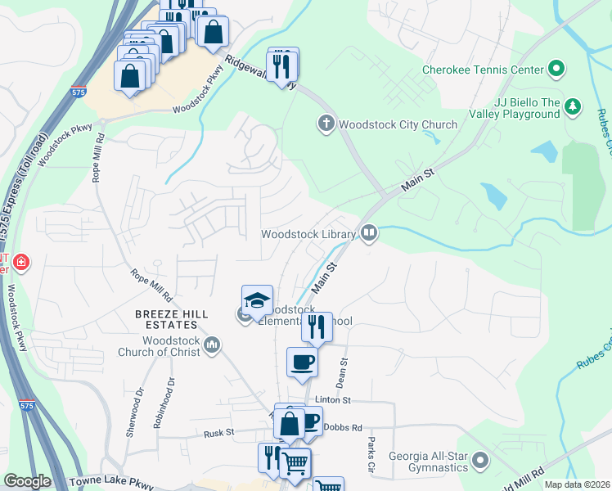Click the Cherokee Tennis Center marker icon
[557, 70]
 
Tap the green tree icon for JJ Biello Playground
[574, 106]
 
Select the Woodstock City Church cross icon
[326, 124]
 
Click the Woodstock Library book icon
[369, 234]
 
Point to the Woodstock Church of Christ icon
[213, 345]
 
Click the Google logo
[27, 481]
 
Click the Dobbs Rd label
[342, 427]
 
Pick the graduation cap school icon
[257, 300]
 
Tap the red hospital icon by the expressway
[20, 263]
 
